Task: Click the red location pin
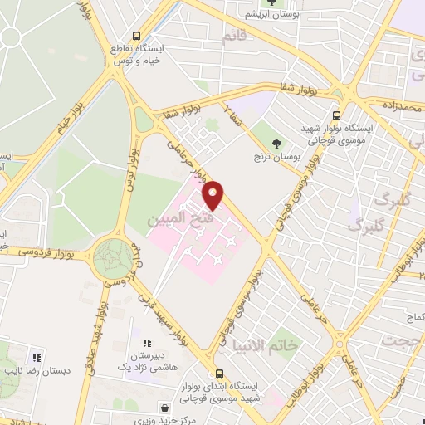tap(214, 194)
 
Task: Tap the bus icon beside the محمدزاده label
tap(336, 117)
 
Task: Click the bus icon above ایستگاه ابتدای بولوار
tap(220, 374)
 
